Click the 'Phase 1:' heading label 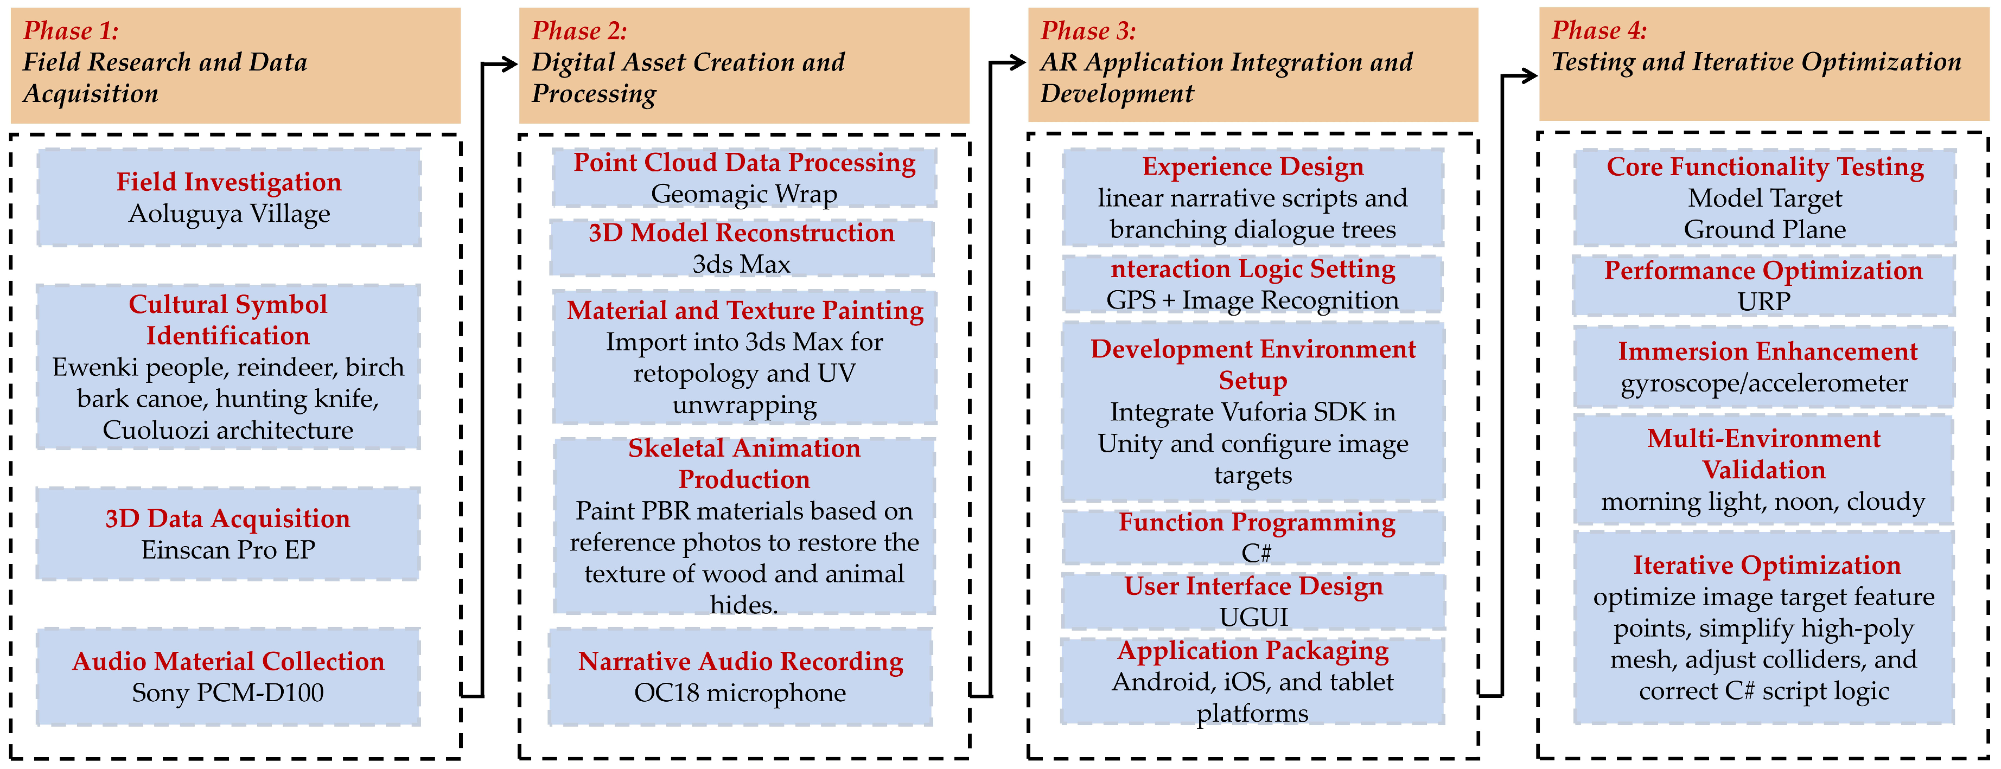(x=71, y=30)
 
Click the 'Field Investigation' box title (x=228, y=182)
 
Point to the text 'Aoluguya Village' (x=229, y=214)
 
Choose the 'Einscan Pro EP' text (x=227, y=550)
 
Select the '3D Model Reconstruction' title (x=741, y=233)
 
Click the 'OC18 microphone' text (x=740, y=693)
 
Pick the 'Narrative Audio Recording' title (x=740, y=661)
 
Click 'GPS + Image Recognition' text (x=1252, y=300)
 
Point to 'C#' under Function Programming (x=1256, y=553)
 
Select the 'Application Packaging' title (x=1253, y=650)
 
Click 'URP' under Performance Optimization (x=1763, y=302)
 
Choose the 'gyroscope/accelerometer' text (x=1763, y=383)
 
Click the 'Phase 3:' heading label (x=1087, y=30)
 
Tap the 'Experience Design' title (x=1252, y=167)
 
